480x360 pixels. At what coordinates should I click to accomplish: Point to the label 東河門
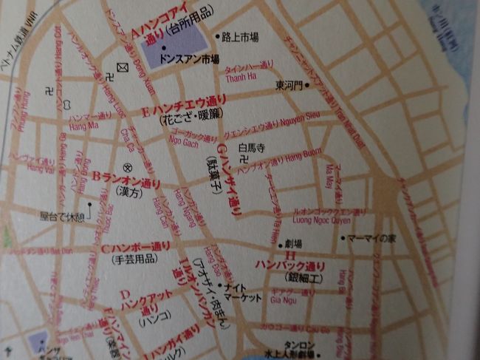(x=289, y=85)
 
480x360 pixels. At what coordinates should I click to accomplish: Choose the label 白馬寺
(x=251, y=148)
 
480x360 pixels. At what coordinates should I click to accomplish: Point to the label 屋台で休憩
(x=64, y=218)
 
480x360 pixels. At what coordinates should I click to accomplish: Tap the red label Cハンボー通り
(x=136, y=246)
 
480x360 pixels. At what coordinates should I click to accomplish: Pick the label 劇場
(x=284, y=243)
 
